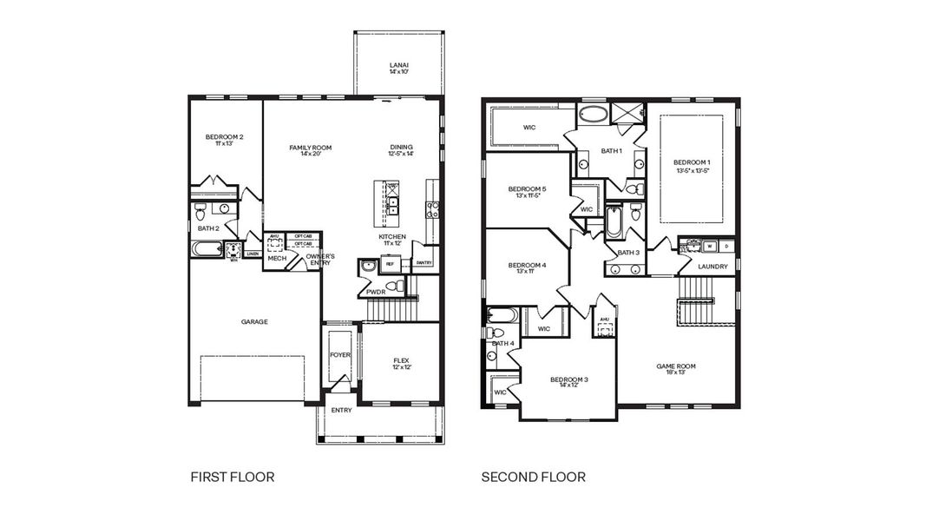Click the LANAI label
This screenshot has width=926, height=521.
coord(399,65)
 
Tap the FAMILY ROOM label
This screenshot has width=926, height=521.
coord(311,148)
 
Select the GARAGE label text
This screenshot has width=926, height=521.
coord(254,321)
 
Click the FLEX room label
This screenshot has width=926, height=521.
coord(401,360)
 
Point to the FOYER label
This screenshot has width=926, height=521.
coord(340,355)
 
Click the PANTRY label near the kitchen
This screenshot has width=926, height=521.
coord(424,262)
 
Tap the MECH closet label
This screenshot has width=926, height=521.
coord(277,258)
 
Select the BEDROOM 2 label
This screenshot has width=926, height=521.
coord(224,137)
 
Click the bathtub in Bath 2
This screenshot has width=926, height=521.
coord(207,249)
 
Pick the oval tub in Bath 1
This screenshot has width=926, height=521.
coord(594,114)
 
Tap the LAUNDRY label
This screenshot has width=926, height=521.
coord(713,267)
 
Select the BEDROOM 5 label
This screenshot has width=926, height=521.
coord(528,189)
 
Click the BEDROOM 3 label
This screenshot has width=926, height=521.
coord(569,379)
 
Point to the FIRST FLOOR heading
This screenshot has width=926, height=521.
coord(232,477)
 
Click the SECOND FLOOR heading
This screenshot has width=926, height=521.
coord(533,477)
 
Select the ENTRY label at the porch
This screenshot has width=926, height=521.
coord(341,410)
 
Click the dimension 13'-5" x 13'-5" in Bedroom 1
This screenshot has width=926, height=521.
coord(692,171)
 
